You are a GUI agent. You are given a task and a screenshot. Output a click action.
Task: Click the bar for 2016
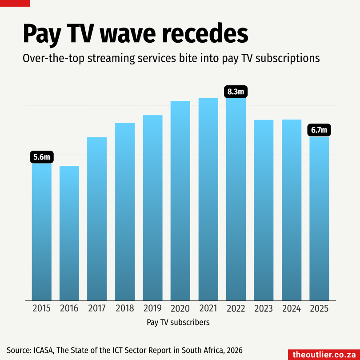pyautogui.click(x=69, y=233)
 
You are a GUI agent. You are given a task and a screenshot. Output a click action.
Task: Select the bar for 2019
pyautogui.click(x=152, y=208)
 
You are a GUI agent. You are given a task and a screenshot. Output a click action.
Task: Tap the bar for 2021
pyautogui.click(x=208, y=199)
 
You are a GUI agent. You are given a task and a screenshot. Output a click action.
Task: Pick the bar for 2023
pyautogui.click(x=264, y=210)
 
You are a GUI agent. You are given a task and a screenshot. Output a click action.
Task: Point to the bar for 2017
pyautogui.click(x=97, y=219)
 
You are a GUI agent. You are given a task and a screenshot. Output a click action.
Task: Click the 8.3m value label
pyautogui.click(x=236, y=92)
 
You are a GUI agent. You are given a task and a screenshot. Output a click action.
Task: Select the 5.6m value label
pyautogui.click(x=42, y=157)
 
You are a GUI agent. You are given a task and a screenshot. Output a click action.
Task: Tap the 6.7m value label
pyautogui.click(x=319, y=130)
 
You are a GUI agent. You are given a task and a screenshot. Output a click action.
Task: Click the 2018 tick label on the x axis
pyautogui.click(x=125, y=308)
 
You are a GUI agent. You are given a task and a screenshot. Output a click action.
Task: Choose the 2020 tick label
pyautogui.click(x=180, y=308)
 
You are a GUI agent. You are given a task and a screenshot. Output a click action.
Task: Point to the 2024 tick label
pyautogui.click(x=291, y=308)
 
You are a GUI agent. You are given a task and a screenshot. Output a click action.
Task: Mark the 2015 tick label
pyautogui.click(x=42, y=308)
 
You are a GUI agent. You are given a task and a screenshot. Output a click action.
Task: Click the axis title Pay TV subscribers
pyautogui.click(x=178, y=322)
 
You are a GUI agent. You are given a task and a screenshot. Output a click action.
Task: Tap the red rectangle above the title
pyautogui.click(x=15, y=3)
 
